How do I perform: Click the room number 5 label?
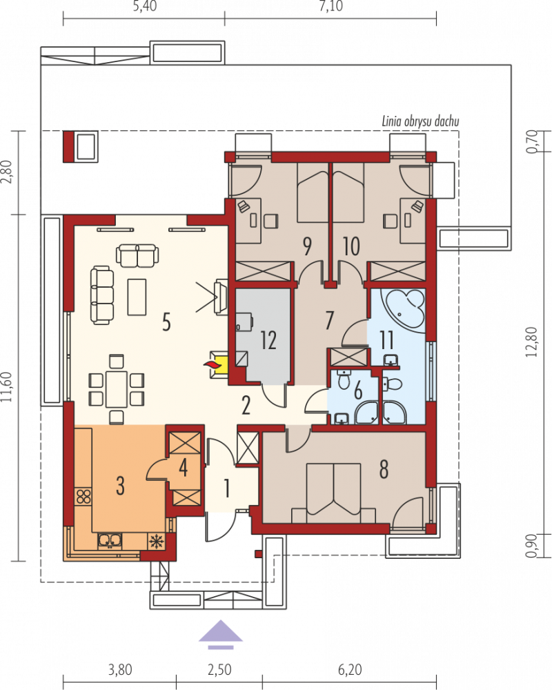pos(166,322)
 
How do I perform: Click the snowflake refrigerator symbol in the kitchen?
pos(155,541)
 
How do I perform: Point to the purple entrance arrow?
pos(221,634)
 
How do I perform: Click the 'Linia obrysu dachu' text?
pos(420,121)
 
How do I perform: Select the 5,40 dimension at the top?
pos(144,7)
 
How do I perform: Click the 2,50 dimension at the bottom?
pos(219,670)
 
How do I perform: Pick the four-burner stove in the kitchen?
pos(83,496)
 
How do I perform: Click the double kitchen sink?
pos(110,541)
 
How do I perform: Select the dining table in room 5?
pos(116,389)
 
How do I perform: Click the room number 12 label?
pos(268,339)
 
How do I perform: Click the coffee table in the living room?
pos(137,297)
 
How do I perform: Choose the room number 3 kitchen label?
pos(120,486)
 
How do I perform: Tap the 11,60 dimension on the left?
pos(7,387)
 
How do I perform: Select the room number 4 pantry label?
pos(183,467)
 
